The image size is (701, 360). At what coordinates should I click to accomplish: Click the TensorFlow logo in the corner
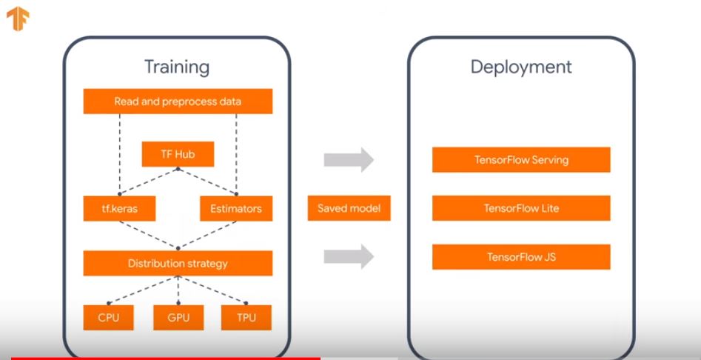point(18,19)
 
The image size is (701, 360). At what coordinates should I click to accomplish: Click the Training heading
point(176,67)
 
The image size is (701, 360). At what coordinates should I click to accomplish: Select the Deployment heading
point(521,67)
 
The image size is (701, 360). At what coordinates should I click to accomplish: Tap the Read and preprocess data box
point(178,101)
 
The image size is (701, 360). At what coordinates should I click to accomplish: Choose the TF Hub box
point(178,155)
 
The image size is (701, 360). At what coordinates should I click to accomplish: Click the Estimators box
point(236,209)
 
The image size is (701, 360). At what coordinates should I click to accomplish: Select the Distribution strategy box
point(178,263)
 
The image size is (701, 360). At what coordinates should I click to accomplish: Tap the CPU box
point(108,318)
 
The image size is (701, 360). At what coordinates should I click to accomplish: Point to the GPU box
point(178,318)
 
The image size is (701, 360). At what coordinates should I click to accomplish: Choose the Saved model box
point(349,209)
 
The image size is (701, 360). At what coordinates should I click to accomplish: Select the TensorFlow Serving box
point(521,160)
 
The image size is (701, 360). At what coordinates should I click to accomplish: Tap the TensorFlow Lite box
point(521,209)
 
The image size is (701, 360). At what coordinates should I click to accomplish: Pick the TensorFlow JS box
point(521,257)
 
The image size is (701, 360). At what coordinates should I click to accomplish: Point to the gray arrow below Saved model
point(349,257)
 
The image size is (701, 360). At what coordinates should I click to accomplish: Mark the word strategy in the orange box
point(206,263)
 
